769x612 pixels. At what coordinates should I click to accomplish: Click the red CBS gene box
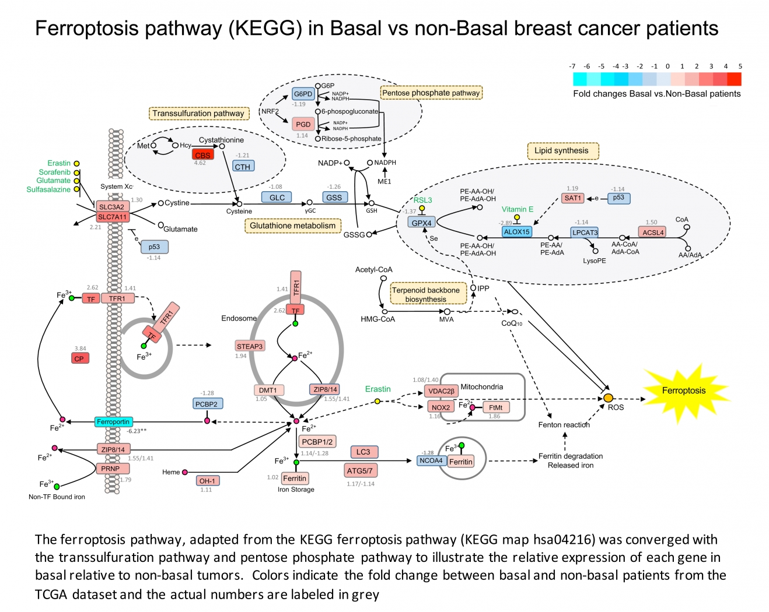point(202,155)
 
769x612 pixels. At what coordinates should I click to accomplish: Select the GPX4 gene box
point(421,223)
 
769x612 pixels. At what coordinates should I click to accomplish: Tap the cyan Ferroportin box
point(113,421)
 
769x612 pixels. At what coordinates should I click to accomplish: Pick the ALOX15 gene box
point(516,231)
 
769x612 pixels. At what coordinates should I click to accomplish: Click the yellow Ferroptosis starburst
point(684,391)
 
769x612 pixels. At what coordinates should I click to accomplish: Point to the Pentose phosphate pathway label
point(431,93)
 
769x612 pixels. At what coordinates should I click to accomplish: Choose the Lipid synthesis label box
point(562,150)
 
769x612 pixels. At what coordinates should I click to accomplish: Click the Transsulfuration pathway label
point(198,113)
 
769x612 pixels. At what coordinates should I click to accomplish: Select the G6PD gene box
point(303,94)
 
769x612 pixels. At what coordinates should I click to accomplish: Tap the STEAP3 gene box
point(250,346)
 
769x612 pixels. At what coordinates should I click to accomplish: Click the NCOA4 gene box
point(431,460)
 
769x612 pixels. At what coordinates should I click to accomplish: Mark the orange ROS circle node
point(608,398)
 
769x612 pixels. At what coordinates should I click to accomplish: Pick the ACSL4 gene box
point(653,232)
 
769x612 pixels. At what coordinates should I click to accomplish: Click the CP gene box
point(79,358)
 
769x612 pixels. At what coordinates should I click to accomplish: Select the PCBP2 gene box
point(207,404)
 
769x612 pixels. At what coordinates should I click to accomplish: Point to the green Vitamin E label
point(518,209)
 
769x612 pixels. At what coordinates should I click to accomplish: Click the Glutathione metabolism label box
point(293,226)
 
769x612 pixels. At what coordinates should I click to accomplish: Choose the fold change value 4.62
point(200,163)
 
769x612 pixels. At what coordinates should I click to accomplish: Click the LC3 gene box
point(363,452)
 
